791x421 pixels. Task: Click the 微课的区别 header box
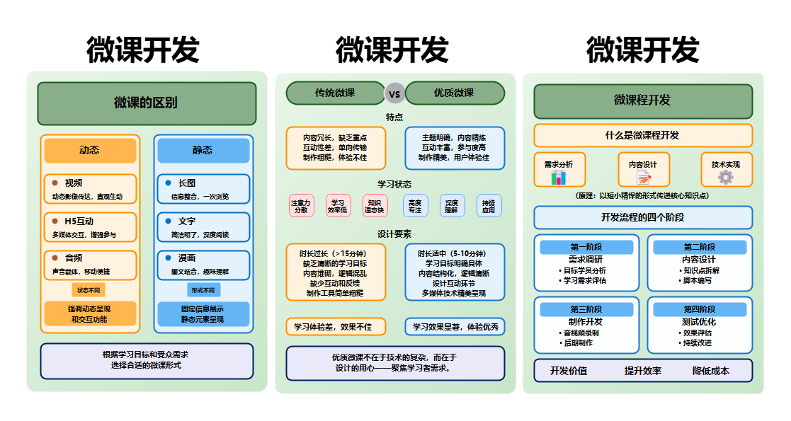tap(147, 103)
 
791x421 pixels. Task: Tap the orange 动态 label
tap(89, 150)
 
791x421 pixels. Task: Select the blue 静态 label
tap(203, 150)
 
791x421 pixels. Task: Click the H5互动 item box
tap(89, 227)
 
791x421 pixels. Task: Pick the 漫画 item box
tap(203, 265)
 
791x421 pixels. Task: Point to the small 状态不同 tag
tap(89, 290)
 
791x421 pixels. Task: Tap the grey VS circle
tap(394, 93)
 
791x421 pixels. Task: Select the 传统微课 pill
tap(335, 93)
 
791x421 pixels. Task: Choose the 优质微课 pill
tap(455, 93)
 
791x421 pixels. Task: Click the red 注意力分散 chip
tap(300, 206)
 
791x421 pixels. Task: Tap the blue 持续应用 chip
tap(489, 206)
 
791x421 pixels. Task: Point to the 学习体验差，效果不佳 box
tap(336, 327)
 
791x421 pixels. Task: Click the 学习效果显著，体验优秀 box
tap(455, 327)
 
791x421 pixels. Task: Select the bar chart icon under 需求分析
tap(559, 177)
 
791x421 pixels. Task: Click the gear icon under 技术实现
tap(726, 177)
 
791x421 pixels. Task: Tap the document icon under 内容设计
tap(643, 177)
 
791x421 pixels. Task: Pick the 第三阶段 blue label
tap(586, 309)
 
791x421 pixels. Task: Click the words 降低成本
tap(711, 371)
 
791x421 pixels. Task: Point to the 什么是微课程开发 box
tap(643, 135)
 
